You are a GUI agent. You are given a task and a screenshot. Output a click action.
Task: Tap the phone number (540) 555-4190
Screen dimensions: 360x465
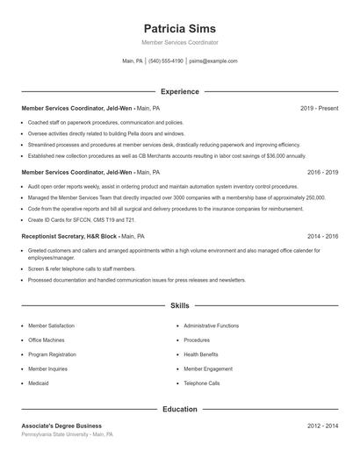click(166, 61)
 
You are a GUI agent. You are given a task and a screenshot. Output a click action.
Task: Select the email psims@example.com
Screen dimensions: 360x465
click(213, 61)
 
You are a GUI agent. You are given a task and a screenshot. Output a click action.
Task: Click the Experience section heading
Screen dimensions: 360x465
click(179, 91)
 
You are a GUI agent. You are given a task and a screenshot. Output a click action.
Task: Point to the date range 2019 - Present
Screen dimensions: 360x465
click(319, 108)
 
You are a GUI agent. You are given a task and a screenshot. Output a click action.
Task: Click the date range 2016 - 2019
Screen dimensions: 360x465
click(322, 172)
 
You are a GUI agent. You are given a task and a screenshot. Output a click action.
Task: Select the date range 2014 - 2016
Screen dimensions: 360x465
click(322, 236)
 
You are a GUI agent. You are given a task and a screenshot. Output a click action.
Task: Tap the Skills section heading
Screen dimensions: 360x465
click(179, 305)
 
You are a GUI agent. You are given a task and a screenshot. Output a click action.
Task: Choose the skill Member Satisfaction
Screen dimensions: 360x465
click(51, 325)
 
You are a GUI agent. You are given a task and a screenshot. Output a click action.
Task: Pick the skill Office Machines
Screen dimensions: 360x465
click(46, 340)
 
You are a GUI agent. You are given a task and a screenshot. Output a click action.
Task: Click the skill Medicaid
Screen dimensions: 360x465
click(39, 383)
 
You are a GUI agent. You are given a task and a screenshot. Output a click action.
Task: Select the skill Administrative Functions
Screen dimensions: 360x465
click(211, 325)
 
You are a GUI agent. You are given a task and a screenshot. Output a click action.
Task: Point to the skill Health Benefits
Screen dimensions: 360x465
click(201, 354)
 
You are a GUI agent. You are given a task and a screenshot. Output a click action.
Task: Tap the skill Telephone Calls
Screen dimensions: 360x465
click(202, 383)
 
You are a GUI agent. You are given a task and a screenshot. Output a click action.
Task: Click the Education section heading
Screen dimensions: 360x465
click(179, 409)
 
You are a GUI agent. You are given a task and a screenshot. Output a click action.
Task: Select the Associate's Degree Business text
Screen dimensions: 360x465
click(61, 426)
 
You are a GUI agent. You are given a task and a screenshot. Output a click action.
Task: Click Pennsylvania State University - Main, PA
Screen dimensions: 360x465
click(67, 434)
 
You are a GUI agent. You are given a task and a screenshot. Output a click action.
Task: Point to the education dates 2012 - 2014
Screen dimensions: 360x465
click(322, 426)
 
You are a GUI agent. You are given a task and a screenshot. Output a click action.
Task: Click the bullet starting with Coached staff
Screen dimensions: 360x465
click(105, 123)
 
